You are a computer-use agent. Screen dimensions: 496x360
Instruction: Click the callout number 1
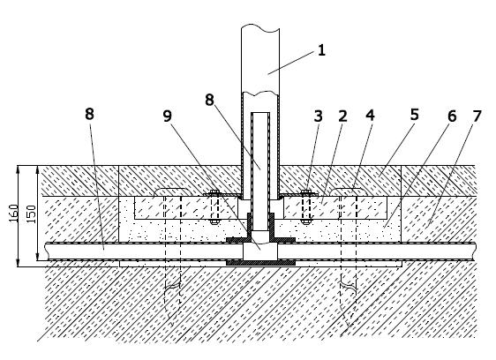click(x=321, y=50)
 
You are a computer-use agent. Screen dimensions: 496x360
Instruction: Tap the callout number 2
click(x=343, y=116)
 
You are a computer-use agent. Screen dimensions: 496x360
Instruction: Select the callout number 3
click(x=319, y=116)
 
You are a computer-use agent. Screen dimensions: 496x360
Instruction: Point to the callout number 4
click(x=370, y=116)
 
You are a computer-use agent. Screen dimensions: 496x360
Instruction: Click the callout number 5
click(x=415, y=115)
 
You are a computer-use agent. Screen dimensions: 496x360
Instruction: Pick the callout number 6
click(x=452, y=116)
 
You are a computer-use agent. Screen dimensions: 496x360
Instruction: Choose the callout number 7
click(x=477, y=116)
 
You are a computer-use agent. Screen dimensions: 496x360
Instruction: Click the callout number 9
click(x=168, y=116)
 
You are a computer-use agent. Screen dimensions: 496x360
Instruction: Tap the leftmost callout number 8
click(x=89, y=114)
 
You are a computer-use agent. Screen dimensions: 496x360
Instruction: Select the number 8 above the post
click(x=209, y=100)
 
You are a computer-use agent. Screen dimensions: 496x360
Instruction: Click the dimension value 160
click(x=13, y=213)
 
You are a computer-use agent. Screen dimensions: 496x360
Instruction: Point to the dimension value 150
click(x=32, y=214)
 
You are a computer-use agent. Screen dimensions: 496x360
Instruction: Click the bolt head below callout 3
click(x=305, y=191)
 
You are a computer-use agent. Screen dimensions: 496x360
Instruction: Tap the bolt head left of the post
click(x=214, y=191)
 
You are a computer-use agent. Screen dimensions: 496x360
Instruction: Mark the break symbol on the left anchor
click(x=172, y=287)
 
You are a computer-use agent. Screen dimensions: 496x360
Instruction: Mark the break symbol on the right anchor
click(x=349, y=286)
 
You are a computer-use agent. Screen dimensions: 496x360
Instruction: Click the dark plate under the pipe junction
click(x=260, y=263)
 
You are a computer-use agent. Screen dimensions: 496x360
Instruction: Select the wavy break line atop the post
click(x=260, y=29)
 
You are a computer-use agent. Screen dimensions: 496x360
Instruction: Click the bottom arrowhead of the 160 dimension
click(x=18, y=263)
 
